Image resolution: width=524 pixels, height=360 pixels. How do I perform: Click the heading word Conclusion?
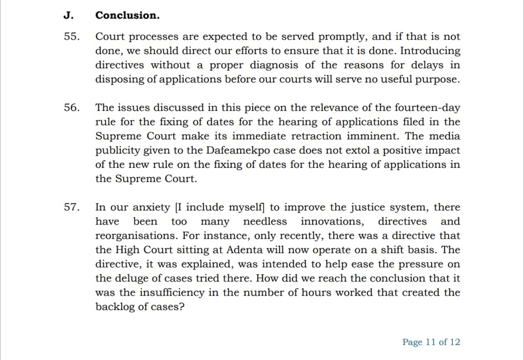pyautogui.click(x=127, y=15)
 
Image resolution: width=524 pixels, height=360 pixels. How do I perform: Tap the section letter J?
pyautogui.click(x=68, y=15)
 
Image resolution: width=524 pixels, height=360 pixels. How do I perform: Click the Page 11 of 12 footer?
pyautogui.click(x=431, y=342)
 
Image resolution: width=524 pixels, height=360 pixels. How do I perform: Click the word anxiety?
pyautogui.click(x=151, y=207)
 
